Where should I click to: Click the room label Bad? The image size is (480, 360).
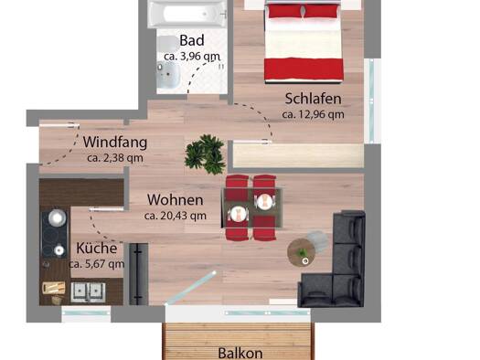191,40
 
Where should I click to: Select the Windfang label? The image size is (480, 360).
115,143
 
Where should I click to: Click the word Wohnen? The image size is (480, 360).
174,200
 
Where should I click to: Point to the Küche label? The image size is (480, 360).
96,249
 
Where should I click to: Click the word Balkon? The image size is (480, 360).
240,353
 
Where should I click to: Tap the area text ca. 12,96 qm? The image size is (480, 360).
313,114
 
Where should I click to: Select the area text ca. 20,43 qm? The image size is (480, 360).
175,217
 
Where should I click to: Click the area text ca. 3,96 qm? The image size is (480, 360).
191,56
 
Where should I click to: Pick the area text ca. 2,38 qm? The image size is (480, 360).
115,158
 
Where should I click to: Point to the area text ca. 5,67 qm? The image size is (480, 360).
96,264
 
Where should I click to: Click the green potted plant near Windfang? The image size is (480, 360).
205,153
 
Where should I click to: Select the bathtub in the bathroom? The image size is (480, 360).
187,13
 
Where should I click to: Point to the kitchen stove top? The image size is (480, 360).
55,232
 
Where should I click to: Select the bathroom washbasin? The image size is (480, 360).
169,77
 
